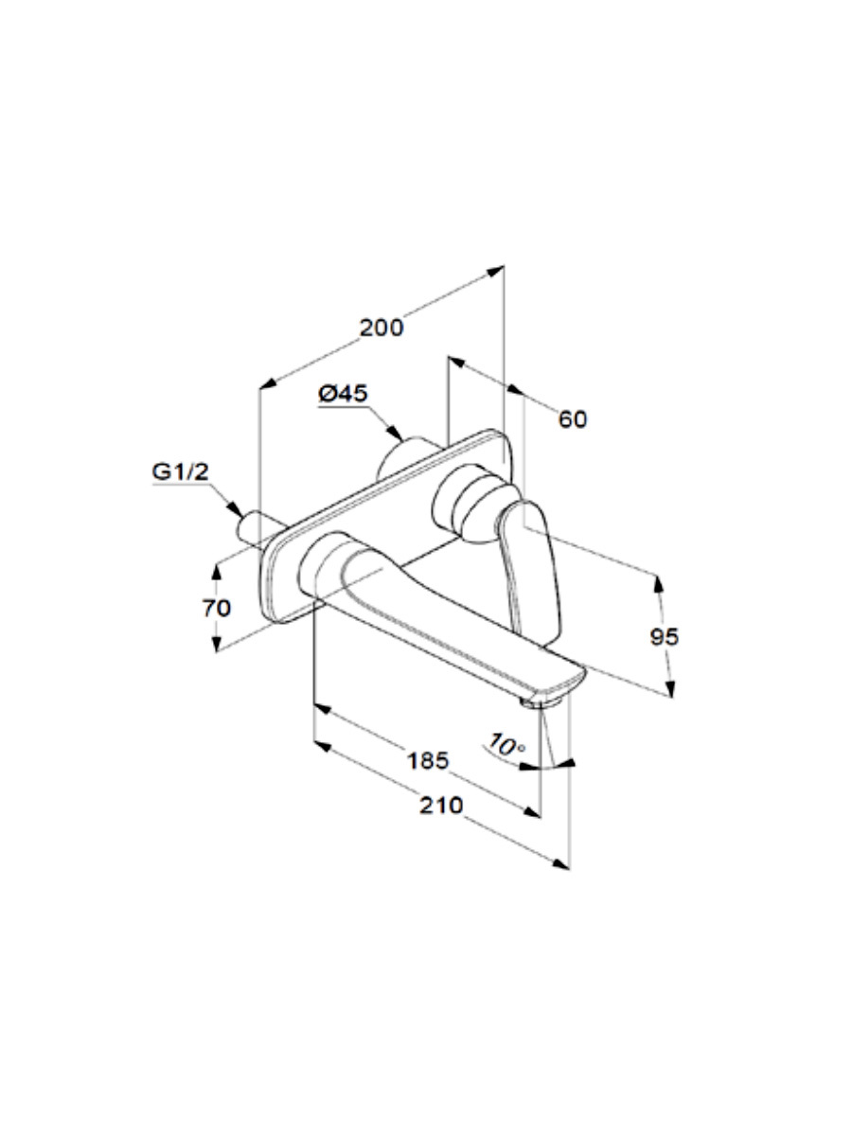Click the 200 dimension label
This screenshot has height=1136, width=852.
click(382, 328)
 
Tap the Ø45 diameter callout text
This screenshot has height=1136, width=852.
click(343, 393)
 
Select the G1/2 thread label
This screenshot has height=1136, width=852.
click(180, 471)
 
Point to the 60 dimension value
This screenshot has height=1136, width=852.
click(573, 419)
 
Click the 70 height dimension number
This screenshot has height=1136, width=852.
click(217, 608)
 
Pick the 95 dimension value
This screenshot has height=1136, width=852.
click(665, 636)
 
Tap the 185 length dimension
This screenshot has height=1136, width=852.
click(428, 761)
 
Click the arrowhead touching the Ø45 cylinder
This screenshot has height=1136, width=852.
click(395, 433)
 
